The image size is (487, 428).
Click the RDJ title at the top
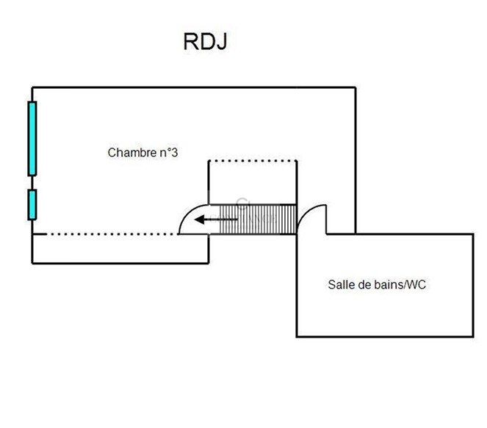pos(205,42)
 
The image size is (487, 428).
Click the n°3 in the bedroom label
pos(168,153)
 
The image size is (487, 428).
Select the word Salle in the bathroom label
pos(339,284)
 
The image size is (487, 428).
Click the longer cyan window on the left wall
pos(32,139)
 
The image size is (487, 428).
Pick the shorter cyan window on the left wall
pos(32,205)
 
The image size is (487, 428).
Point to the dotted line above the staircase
pos(253,161)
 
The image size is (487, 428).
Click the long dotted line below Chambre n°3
pos(110,234)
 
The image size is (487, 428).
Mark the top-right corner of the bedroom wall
pos(356,88)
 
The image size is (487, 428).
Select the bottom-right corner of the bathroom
pos(472,336)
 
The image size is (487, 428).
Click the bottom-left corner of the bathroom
pos(297,336)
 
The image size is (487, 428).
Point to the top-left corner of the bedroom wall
pos(32,88)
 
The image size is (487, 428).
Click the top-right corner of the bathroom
pos(472,234)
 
